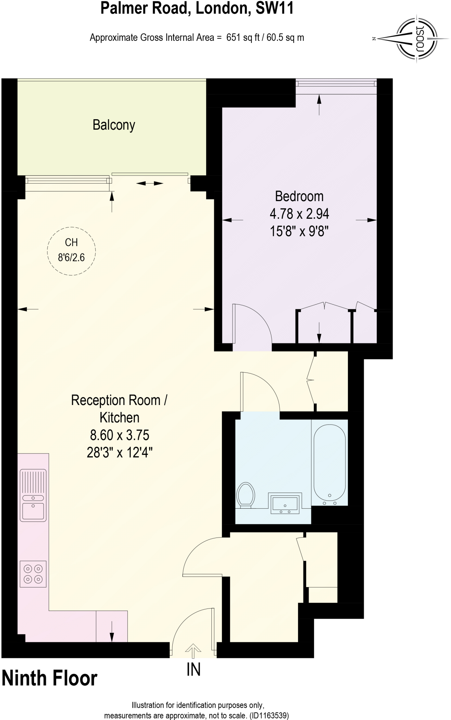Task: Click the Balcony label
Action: [114, 125]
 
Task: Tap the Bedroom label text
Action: [299, 196]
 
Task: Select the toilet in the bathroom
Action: [246, 495]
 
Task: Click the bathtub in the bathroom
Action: [330, 462]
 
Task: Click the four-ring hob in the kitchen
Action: [33, 574]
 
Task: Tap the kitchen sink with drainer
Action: [33, 495]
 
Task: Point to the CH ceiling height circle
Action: [71, 250]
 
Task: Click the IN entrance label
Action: [193, 670]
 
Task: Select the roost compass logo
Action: [417, 38]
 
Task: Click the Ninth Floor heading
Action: [50, 679]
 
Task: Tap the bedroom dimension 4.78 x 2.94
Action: [299, 214]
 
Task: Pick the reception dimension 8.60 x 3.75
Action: [120, 435]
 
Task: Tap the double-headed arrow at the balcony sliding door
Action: [150, 183]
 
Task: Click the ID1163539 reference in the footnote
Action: [269, 715]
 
